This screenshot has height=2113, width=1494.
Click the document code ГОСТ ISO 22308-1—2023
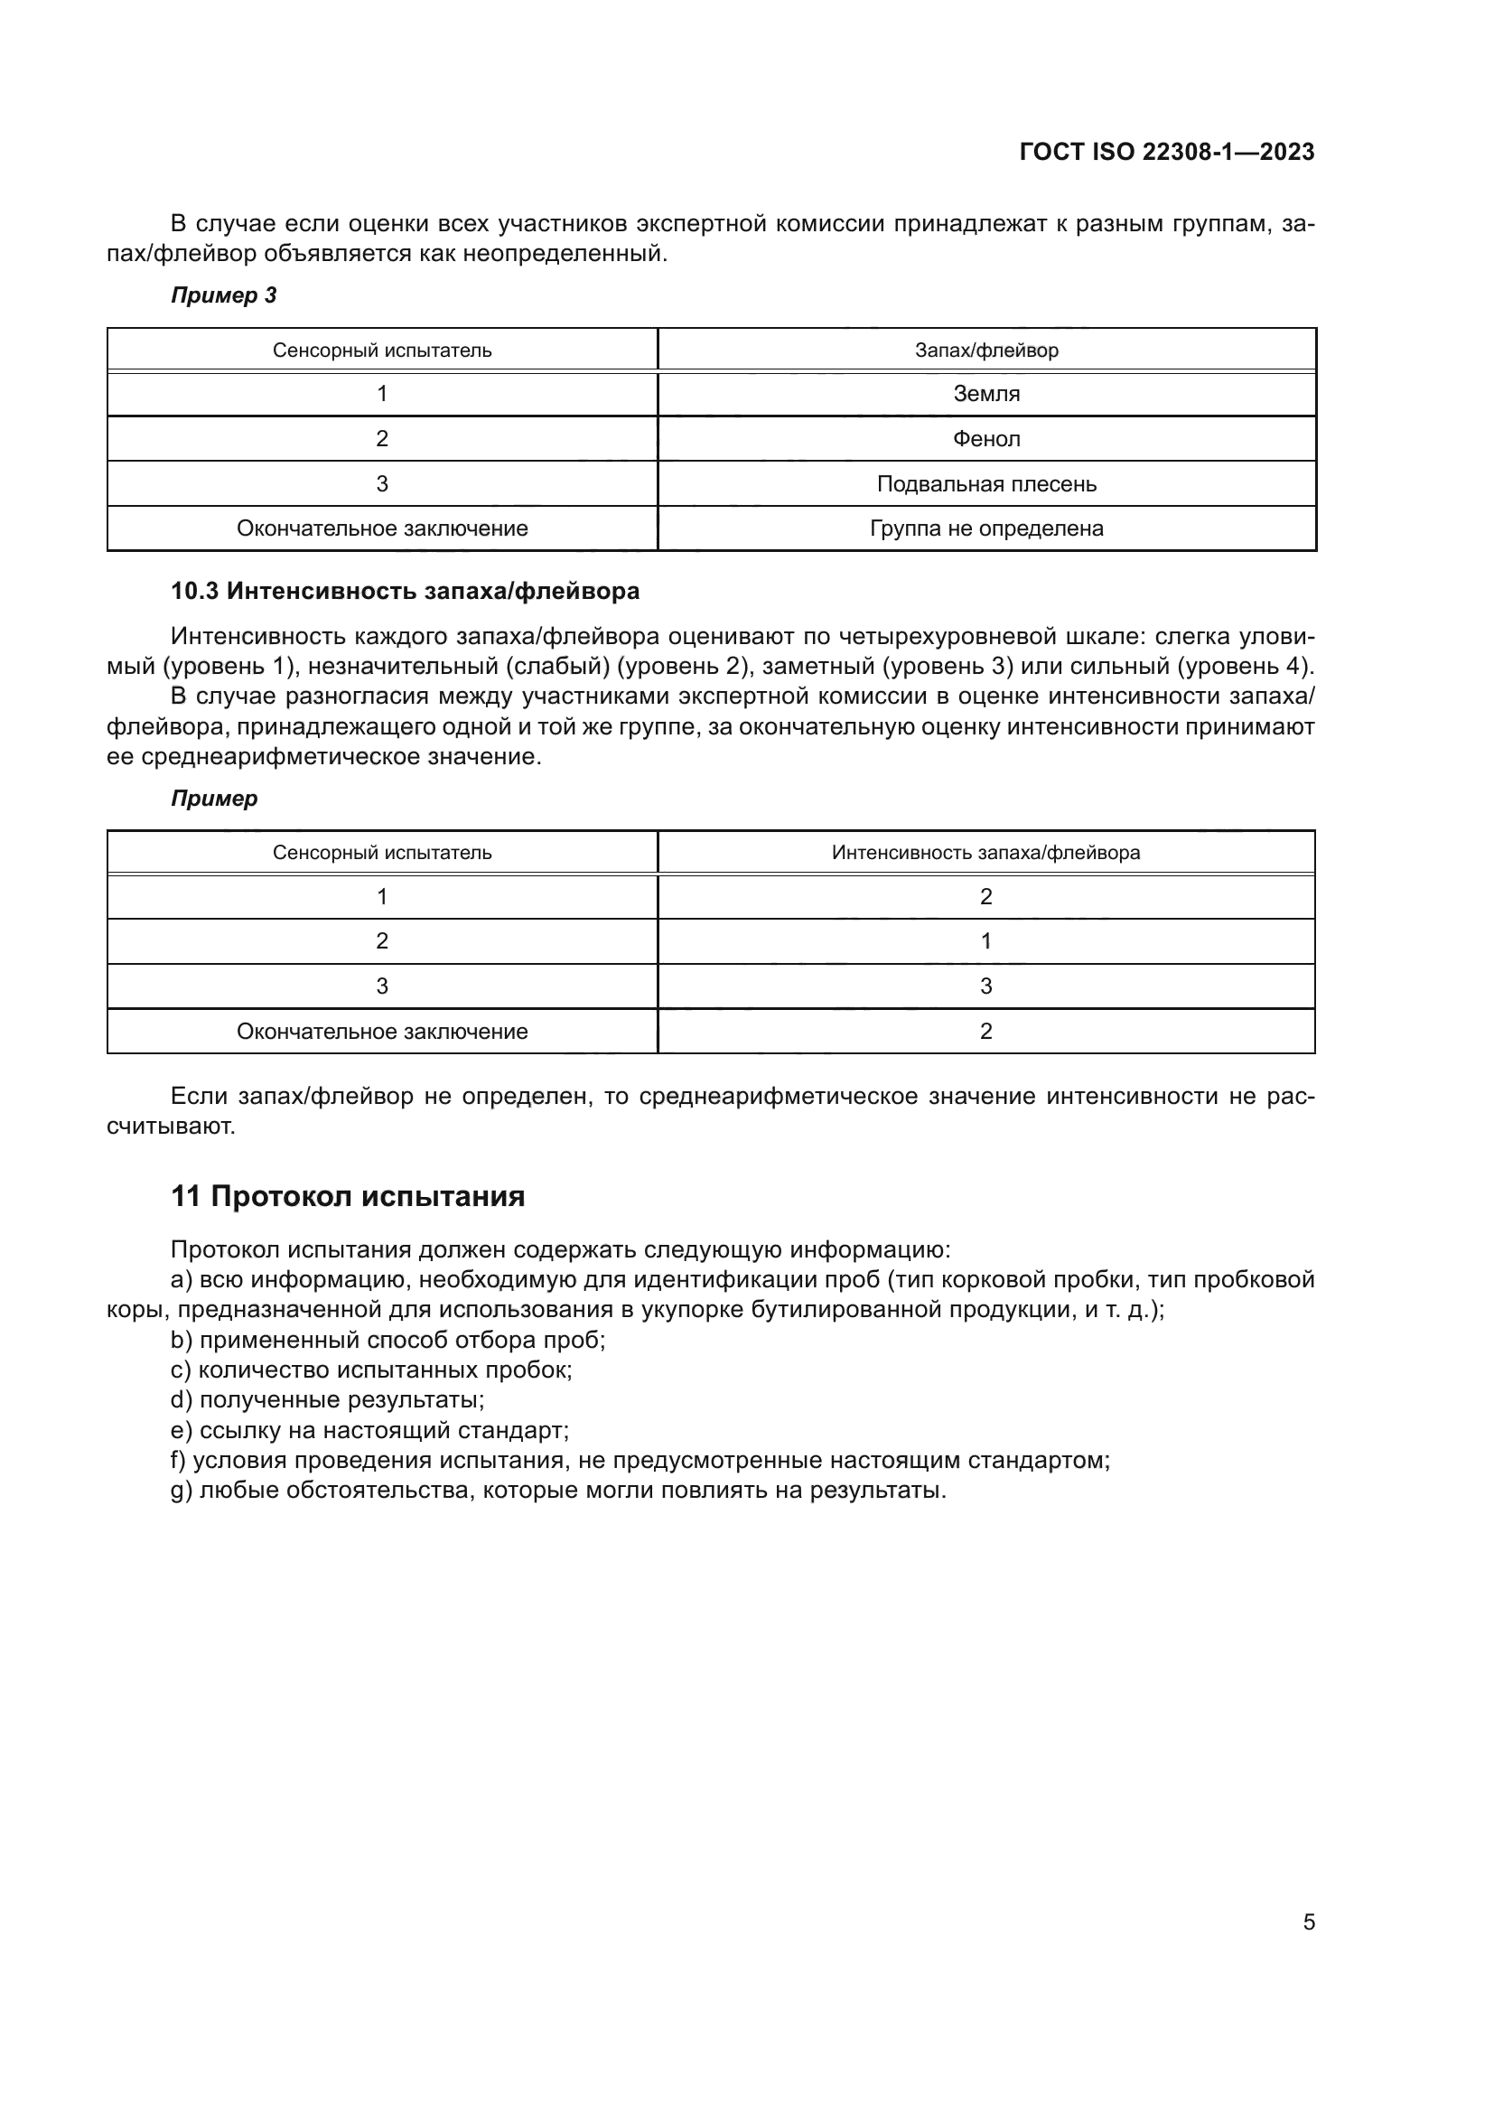[1166, 152]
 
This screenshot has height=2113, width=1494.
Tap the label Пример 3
[223, 295]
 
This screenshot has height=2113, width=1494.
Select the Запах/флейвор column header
[986, 351]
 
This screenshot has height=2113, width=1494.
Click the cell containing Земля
[986, 394]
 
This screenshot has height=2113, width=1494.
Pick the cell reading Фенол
[986, 439]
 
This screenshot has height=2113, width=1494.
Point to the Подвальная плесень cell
[986, 484]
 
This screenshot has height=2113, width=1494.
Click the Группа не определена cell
[986, 528]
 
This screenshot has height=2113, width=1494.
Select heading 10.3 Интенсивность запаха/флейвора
[405, 591]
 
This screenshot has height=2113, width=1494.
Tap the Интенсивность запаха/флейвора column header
[986, 853]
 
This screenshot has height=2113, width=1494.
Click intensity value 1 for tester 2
[986, 941]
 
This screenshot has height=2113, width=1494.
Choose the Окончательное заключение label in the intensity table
[382, 1032]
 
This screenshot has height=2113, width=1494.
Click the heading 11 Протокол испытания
[348, 1196]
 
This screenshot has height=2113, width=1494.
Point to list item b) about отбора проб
[388, 1340]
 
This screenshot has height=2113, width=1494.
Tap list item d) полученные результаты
[328, 1399]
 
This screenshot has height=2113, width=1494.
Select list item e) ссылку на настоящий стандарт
[369, 1430]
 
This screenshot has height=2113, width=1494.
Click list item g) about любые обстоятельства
[558, 1490]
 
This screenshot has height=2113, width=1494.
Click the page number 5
[1308, 1922]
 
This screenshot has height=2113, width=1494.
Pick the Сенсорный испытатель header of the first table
[382, 351]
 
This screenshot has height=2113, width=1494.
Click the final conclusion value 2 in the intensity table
[986, 1032]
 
